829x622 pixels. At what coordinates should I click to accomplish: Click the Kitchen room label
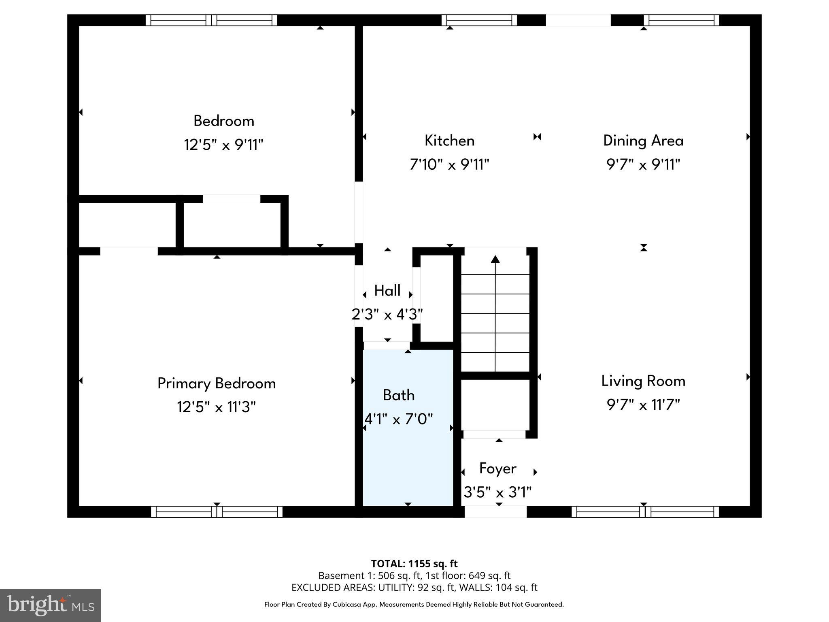click(449, 141)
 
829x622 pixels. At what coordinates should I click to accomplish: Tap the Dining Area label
click(643, 141)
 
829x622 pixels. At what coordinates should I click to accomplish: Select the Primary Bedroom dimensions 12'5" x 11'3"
click(216, 407)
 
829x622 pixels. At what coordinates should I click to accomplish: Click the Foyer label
click(497, 469)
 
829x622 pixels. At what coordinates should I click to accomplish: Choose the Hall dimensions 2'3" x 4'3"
click(387, 314)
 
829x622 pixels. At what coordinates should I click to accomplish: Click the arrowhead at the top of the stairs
click(495, 259)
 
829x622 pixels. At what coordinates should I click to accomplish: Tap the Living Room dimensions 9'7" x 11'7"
click(643, 405)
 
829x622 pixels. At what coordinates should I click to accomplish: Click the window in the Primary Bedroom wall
click(217, 512)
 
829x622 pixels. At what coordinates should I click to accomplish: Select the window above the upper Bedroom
click(211, 20)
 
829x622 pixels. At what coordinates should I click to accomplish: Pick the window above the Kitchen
click(479, 20)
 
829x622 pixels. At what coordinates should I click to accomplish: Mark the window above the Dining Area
click(681, 20)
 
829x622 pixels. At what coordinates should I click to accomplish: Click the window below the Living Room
click(645, 512)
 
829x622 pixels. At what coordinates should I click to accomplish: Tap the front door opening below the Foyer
click(495, 512)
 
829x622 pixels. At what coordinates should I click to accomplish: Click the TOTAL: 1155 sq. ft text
click(414, 564)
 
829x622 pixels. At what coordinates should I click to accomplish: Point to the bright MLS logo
click(51, 605)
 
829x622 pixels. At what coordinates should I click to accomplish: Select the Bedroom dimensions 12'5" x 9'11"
click(223, 145)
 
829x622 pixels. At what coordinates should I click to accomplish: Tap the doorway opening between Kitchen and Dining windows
click(578, 20)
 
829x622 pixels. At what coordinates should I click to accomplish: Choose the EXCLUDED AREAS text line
click(414, 587)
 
